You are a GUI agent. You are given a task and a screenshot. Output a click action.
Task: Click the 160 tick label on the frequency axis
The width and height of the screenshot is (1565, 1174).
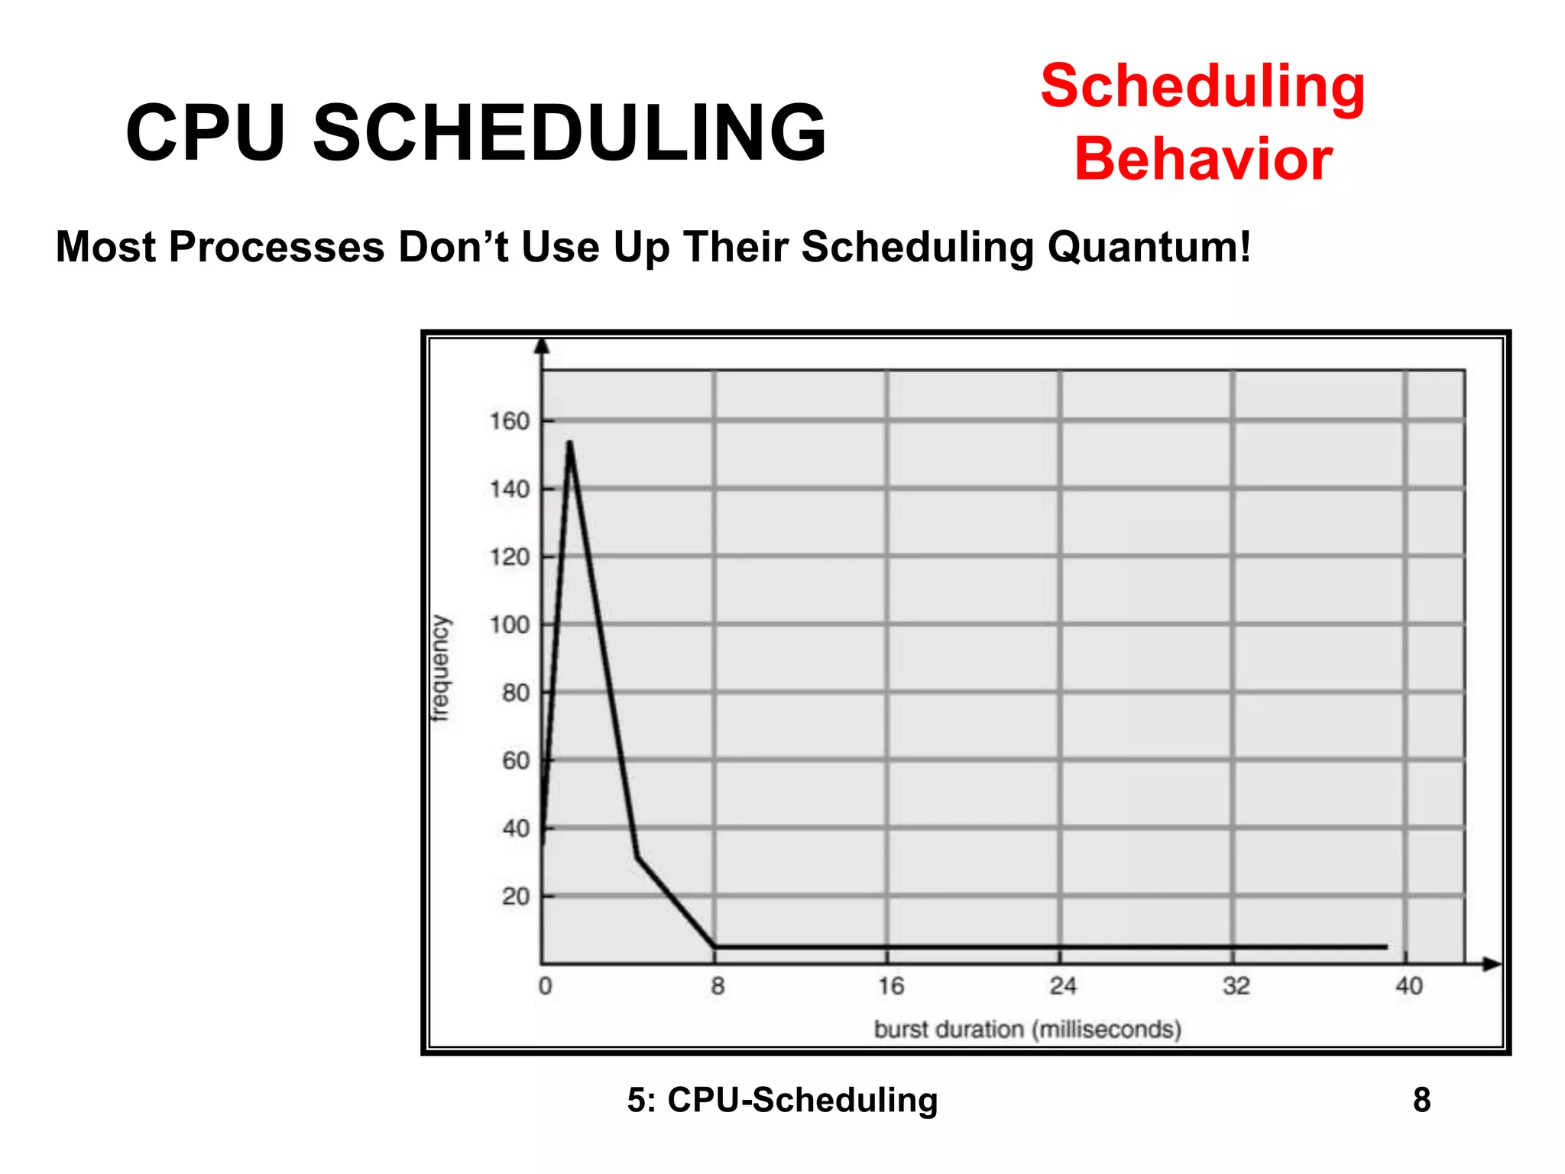click(510, 421)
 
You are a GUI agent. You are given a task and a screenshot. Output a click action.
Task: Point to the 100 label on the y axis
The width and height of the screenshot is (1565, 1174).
click(510, 625)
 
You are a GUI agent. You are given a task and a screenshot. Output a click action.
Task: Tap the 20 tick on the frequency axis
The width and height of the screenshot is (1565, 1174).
click(516, 897)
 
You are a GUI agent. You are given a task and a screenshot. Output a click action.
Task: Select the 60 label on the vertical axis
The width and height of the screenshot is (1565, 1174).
click(516, 761)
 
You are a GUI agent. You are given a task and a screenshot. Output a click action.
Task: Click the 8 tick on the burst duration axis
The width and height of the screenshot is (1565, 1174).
click(717, 986)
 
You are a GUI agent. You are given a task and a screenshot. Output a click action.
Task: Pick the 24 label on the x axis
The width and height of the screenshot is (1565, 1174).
click(1062, 986)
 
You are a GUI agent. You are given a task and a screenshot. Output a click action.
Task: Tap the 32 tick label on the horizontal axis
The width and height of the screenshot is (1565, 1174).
click(1236, 986)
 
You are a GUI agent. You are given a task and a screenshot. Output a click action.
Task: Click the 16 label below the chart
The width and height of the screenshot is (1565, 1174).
click(890, 986)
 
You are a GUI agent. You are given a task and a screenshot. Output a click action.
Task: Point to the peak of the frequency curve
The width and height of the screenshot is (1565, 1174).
click(569, 443)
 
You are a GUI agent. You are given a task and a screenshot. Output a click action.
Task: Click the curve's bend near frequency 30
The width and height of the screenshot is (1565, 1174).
click(637, 857)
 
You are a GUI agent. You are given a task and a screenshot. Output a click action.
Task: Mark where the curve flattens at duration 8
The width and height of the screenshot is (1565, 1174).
click(715, 947)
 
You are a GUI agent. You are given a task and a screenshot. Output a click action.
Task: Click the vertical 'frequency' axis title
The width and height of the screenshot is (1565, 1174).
click(441, 668)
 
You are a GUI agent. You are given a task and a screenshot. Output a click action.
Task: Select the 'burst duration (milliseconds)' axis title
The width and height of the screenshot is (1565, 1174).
click(1027, 1030)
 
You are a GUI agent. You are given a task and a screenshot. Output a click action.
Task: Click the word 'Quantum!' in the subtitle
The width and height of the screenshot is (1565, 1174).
click(1149, 247)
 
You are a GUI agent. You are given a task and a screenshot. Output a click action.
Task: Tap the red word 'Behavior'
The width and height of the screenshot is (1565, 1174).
click(1204, 159)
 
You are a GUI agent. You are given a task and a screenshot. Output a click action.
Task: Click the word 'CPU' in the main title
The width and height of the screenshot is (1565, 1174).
click(206, 133)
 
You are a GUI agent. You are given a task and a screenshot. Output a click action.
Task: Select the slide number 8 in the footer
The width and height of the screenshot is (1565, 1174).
click(1421, 1100)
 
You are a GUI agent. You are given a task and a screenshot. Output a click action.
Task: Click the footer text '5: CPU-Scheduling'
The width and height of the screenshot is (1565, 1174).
click(782, 1100)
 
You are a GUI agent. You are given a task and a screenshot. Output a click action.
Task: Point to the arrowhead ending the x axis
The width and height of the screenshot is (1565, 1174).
click(1492, 965)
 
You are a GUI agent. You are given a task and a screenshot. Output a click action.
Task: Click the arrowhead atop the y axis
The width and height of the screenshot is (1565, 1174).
click(542, 346)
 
